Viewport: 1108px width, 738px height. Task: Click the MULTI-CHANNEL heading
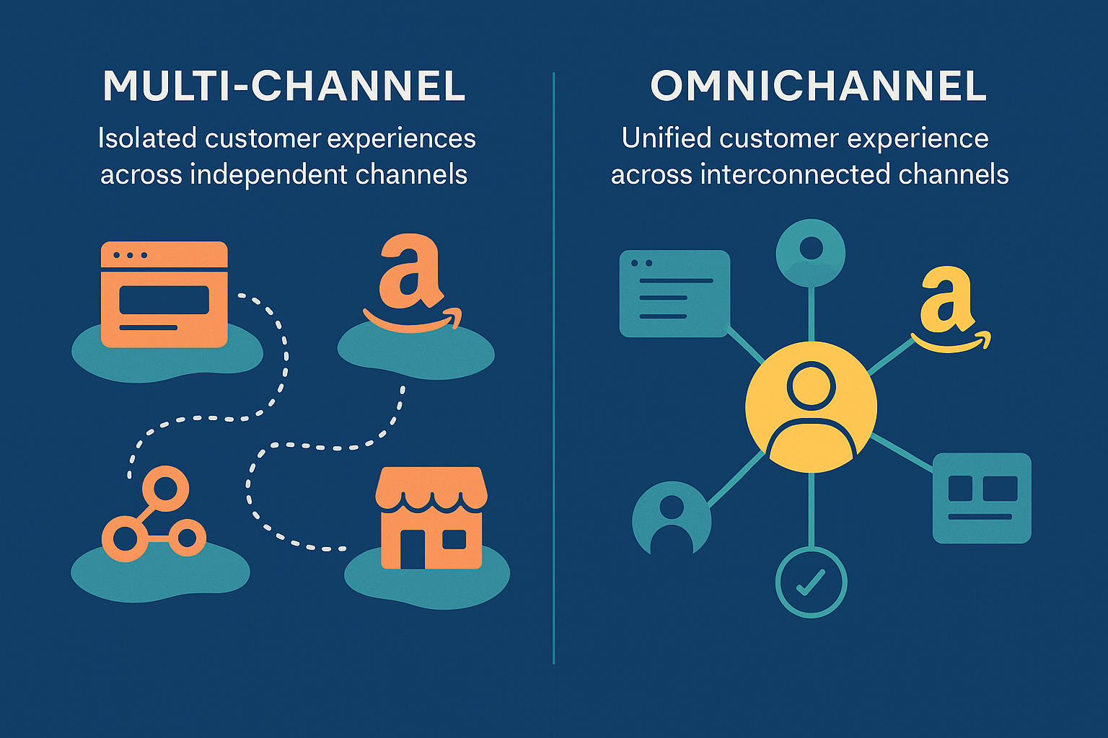[x=283, y=86]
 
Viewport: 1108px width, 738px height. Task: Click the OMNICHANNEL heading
[x=818, y=86]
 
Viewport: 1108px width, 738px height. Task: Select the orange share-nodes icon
[x=154, y=515]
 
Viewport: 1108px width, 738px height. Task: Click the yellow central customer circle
[x=811, y=407]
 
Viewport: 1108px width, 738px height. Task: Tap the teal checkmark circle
[x=811, y=582]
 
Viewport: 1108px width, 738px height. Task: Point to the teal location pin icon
[x=811, y=252]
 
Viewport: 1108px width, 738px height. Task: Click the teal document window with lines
[x=674, y=293]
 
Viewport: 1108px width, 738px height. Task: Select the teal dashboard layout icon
[x=982, y=497]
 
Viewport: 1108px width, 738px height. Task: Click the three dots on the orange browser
[x=131, y=255]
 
